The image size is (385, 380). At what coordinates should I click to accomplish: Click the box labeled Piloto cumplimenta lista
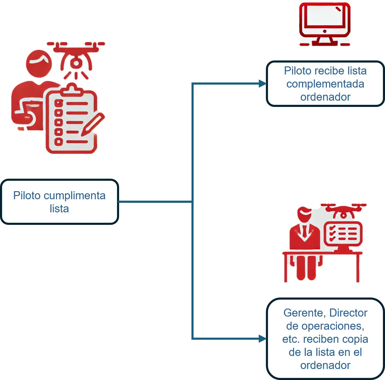tap(59, 202)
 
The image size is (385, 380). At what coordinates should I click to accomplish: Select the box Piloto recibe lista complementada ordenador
tap(325, 84)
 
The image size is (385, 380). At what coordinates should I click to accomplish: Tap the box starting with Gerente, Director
tap(325, 339)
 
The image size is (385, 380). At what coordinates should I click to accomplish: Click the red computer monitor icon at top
tap(325, 24)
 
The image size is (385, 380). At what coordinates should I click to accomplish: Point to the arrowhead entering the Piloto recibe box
tap(262, 84)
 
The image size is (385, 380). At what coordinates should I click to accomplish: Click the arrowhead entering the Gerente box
tap(262, 339)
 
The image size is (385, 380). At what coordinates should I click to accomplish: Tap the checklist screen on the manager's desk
tap(343, 234)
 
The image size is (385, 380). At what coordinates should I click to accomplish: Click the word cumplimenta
tap(76, 196)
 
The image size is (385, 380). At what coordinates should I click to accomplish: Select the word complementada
tap(325, 84)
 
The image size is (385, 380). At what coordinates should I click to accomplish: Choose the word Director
tap(348, 313)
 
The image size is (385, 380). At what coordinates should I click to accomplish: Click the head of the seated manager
tap(304, 214)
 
